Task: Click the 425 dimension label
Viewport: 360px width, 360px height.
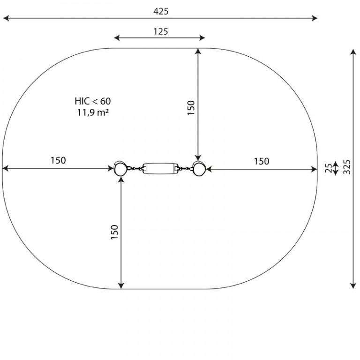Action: [x=161, y=11]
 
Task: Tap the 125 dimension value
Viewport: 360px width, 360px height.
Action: [x=161, y=31]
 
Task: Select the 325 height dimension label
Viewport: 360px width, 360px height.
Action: [x=347, y=167]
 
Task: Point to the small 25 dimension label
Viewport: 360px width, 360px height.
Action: [x=329, y=168]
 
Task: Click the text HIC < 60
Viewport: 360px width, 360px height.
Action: [x=93, y=101]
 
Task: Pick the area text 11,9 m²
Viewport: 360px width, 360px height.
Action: [x=93, y=112]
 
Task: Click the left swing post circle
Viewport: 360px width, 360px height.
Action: [x=120, y=169]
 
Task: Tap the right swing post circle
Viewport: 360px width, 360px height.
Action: [x=199, y=169]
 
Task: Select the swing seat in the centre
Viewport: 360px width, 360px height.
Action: [x=160, y=169]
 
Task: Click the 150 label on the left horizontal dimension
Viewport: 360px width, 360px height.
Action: [x=58, y=160]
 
